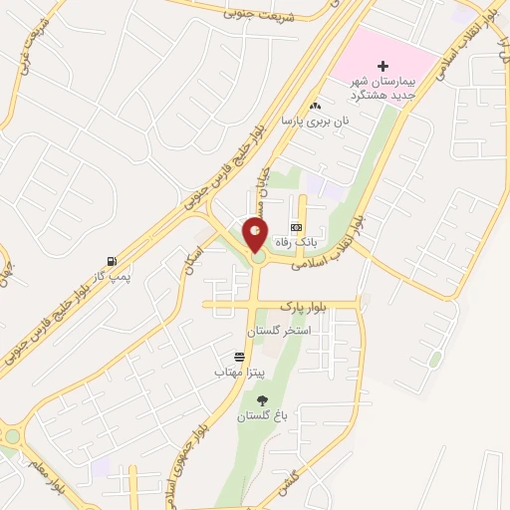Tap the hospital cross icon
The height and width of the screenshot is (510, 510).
pos(382,65)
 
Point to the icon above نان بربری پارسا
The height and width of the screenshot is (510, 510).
pos(316,106)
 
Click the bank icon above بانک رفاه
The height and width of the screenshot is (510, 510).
pos(295,227)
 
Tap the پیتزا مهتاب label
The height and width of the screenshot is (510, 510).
pos(238,372)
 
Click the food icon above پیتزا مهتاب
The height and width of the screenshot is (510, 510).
pos(239,356)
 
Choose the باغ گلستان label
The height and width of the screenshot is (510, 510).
pos(261,416)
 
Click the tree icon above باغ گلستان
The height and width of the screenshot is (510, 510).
pos(262,400)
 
